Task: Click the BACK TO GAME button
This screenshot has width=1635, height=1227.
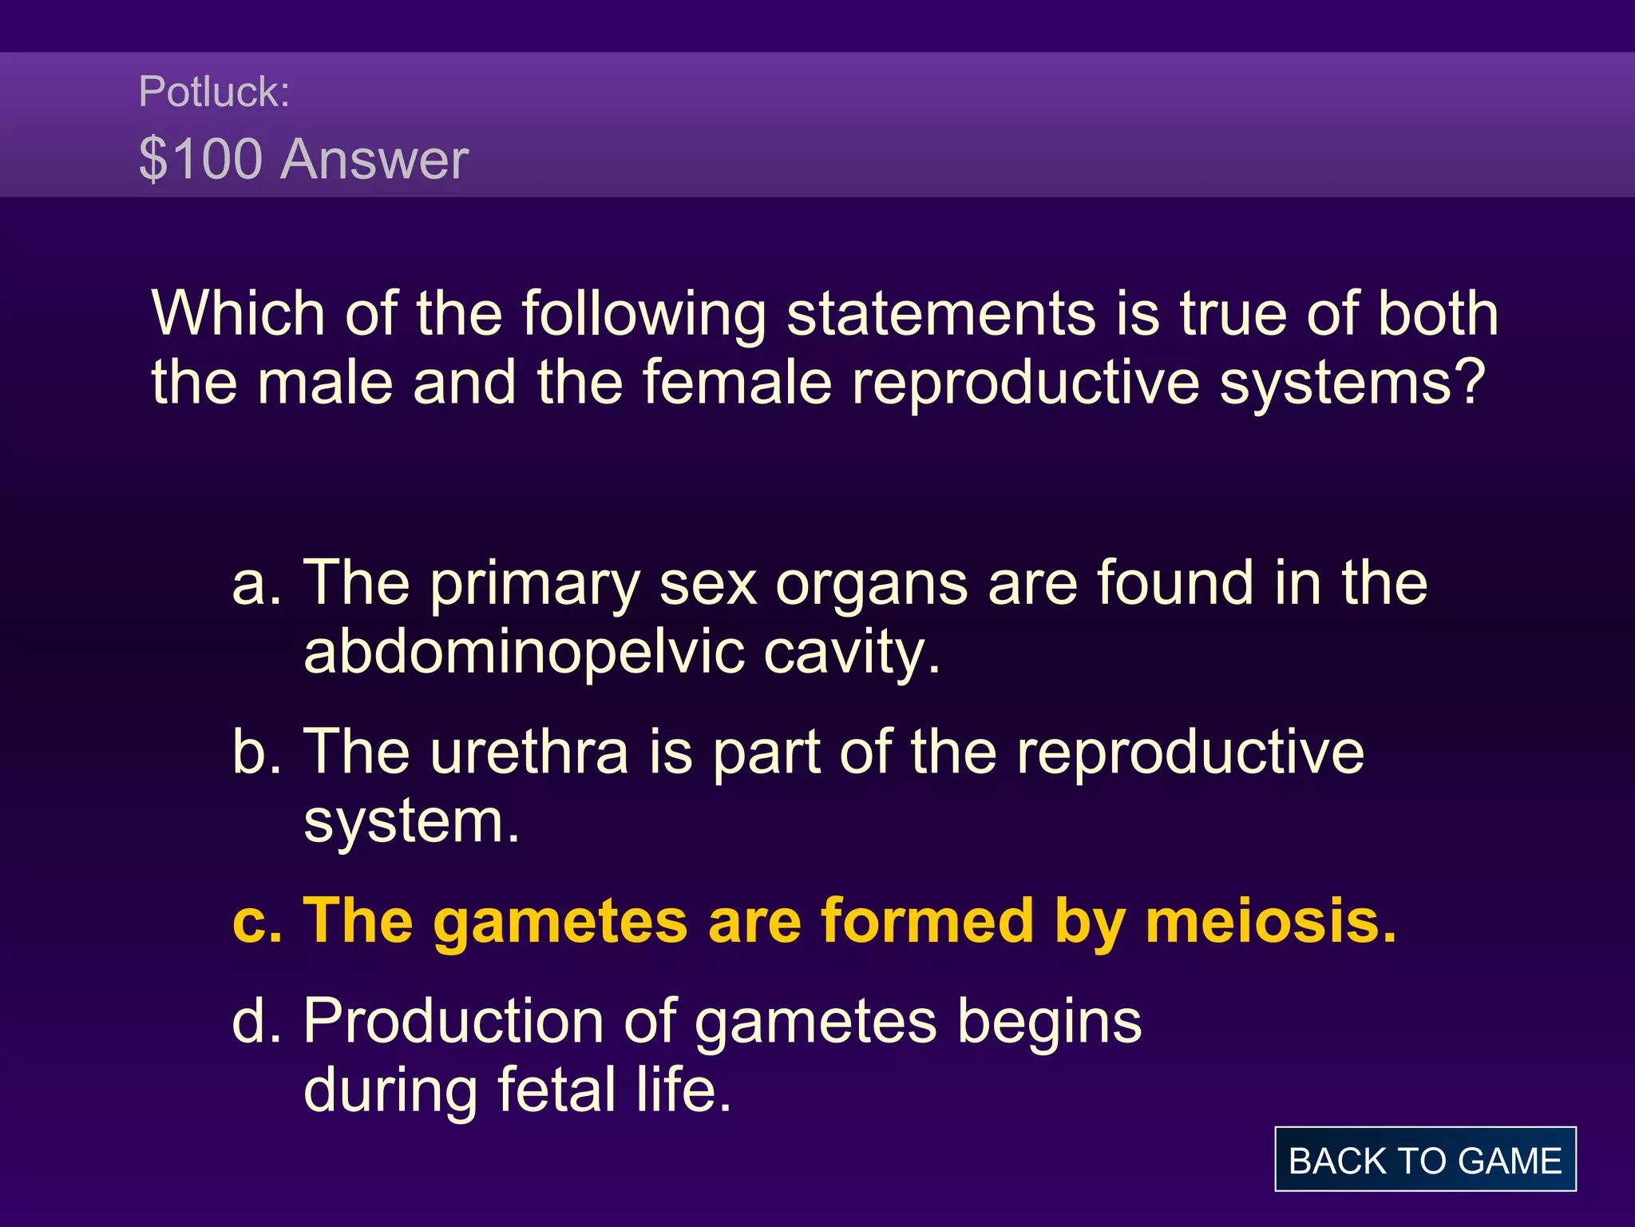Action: click(x=1425, y=1160)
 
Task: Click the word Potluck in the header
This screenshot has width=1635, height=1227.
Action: click(x=209, y=92)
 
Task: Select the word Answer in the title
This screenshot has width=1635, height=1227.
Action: click(x=374, y=159)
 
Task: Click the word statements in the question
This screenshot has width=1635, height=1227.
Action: click(x=940, y=313)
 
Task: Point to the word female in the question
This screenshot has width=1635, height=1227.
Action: click(x=737, y=382)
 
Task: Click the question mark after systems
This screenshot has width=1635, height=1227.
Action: click(x=1468, y=382)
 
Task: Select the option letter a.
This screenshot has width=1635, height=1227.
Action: click(x=255, y=584)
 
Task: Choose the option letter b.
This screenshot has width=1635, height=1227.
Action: click(x=255, y=752)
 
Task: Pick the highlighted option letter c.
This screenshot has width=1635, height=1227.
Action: click(x=255, y=922)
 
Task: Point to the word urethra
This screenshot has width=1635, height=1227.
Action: click(x=529, y=752)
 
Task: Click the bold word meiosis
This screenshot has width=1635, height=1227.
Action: click(x=1269, y=921)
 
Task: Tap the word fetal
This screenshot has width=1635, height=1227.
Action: click(x=557, y=1090)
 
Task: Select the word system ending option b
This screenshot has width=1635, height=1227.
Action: click(x=411, y=822)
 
